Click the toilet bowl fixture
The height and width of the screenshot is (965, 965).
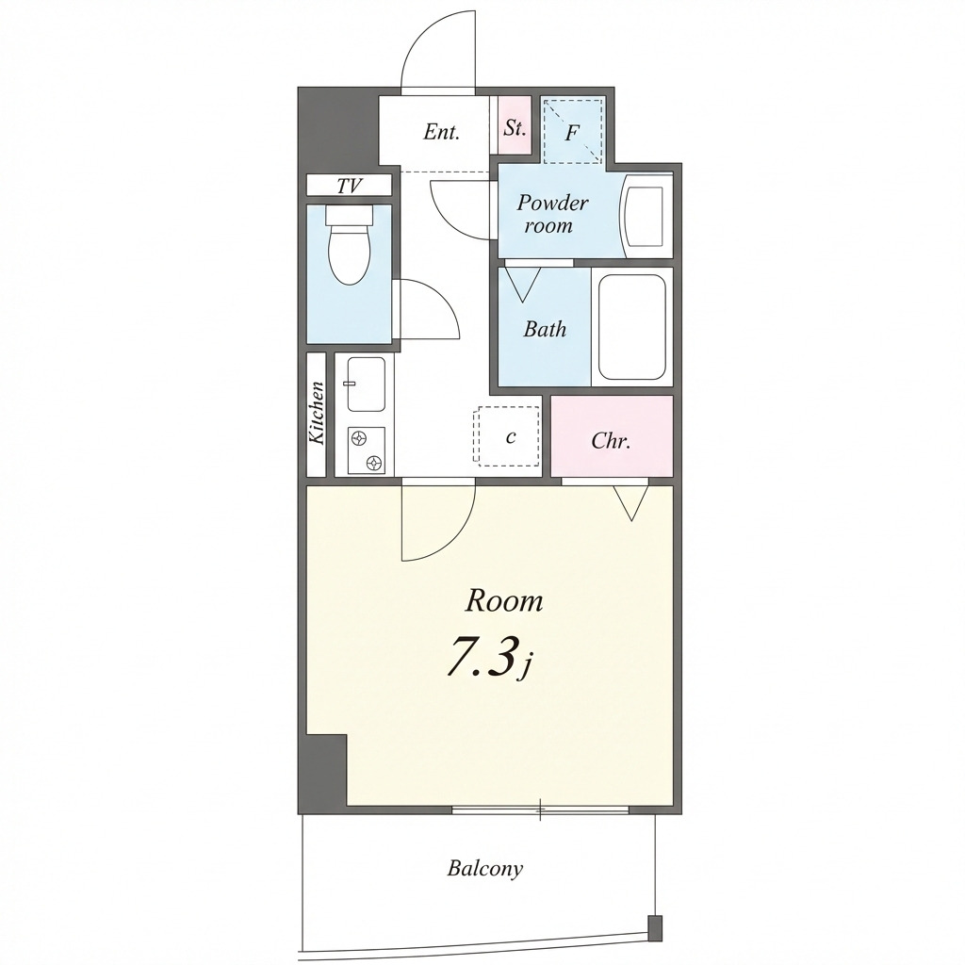pyautogui.click(x=351, y=245)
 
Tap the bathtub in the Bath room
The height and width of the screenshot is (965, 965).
pyautogui.click(x=632, y=327)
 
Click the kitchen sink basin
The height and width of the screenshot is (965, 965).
pyautogui.click(x=367, y=384)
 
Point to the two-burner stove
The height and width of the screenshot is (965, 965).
pyautogui.click(x=367, y=450)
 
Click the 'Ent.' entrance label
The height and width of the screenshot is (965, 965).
pyautogui.click(x=441, y=132)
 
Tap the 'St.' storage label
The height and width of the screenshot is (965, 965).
pyautogui.click(x=515, y=128)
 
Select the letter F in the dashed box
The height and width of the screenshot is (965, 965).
pyautogui.click(x=572, y=132)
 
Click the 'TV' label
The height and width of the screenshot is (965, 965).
pyautogui.click(x=349, y=186)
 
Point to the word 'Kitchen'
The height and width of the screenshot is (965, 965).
pyautogui.click(x=317, y=413)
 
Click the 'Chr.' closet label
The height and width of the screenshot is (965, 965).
pyautogui.click(x=611, y=441)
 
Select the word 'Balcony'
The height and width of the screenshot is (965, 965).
pyautogui.click(x=485, y=869)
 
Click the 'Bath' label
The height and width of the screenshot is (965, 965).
pyautogui.click(x=545, y=329)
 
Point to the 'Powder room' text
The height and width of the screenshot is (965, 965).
pyautogui.click(x=552, y=214)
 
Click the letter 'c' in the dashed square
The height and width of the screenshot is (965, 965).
pyautogui.click(x=510, y=436)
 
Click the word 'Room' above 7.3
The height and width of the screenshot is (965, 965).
pyautogui.click(x=504, y=600)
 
